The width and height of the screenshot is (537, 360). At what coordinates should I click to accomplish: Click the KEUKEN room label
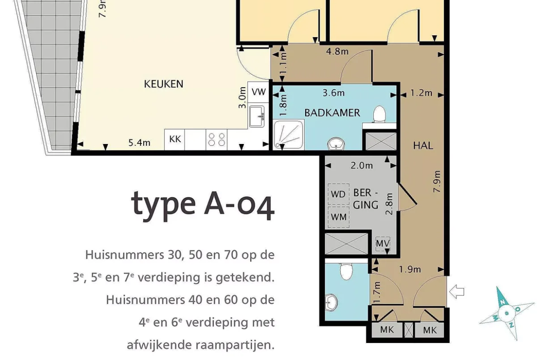click(x=163, y=84)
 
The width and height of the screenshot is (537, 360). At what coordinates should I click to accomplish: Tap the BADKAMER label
click(x=332, y=112)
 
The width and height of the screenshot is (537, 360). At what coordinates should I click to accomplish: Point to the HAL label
click(x=423, y=145)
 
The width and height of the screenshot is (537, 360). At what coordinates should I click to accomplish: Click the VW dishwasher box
click(x=258, y=92)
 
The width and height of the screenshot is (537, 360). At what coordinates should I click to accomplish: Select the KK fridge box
click(x=175, y=139)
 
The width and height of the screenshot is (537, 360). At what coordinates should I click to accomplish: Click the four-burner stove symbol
click(x=217, y=139)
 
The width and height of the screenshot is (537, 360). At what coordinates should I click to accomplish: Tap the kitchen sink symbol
click(x=257, y=116)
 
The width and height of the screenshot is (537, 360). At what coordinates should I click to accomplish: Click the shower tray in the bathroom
click(x=288, y=134)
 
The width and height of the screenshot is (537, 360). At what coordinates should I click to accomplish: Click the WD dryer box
click(x=338, y=194)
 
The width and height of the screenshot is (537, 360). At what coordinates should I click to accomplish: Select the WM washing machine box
click(x=338, y=217)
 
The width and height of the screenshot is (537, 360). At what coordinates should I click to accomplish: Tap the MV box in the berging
click(x=382, y=244)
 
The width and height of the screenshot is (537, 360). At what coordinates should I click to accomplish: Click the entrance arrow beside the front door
click(x=457, y=292)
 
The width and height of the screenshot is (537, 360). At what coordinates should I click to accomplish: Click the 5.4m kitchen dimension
click(x=139, y=142)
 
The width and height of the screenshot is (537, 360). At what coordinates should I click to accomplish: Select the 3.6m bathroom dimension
click(x=334, y=93)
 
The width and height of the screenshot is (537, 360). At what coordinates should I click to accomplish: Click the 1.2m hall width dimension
click(x=421, y=93)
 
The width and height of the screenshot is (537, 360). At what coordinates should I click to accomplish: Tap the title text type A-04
click(x=203, y=205)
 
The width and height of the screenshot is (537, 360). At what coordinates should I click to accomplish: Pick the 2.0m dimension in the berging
click(x=362, y=166)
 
